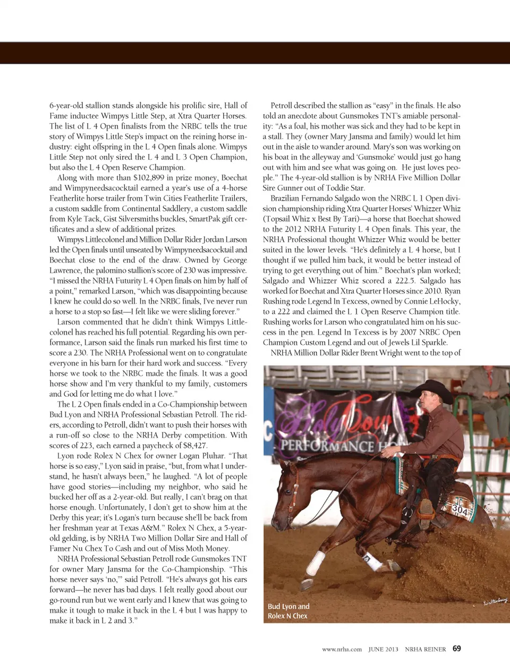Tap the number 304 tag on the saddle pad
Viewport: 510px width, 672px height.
460,510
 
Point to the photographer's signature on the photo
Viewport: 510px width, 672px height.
495,600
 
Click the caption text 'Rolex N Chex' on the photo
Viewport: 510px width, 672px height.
287,616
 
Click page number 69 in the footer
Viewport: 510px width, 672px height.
457,649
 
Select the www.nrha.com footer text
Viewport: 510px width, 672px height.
342,649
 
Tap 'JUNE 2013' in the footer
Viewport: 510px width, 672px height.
383,649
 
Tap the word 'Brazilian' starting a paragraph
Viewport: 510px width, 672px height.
287,198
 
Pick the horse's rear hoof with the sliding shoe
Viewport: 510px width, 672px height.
307,584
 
